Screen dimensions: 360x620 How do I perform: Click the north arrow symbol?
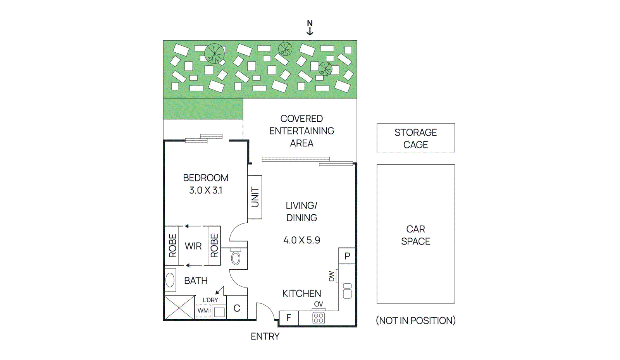310,28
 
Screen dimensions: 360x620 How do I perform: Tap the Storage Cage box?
415,138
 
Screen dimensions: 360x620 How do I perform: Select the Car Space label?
415,235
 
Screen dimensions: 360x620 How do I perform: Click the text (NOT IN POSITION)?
415,320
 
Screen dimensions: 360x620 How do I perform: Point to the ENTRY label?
265,336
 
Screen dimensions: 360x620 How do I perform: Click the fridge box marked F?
289,318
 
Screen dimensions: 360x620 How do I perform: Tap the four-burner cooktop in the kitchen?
319,318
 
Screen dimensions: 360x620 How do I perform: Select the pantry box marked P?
347,256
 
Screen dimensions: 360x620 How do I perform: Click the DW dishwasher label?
332,276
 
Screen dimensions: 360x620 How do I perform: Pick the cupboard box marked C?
237,308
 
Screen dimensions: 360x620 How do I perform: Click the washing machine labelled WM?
203,311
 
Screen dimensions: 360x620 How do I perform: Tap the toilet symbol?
236,258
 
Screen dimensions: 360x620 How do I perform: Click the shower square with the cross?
179,308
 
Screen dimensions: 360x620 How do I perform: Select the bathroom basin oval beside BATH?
170,280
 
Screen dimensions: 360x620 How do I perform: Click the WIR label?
193,246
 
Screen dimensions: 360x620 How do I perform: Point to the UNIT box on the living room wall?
255,197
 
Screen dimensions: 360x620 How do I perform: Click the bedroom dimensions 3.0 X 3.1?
205,190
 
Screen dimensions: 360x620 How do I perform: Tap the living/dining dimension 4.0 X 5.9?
301,240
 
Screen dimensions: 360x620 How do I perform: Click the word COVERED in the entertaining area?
301,119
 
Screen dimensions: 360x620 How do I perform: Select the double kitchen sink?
347,291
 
